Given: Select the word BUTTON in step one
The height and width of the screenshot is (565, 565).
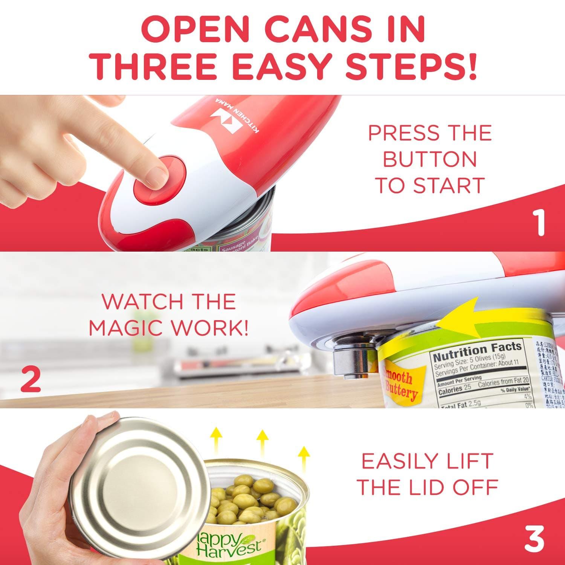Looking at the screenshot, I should tap(430, 159).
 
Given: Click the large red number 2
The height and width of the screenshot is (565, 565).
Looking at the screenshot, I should tap(30, 380).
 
